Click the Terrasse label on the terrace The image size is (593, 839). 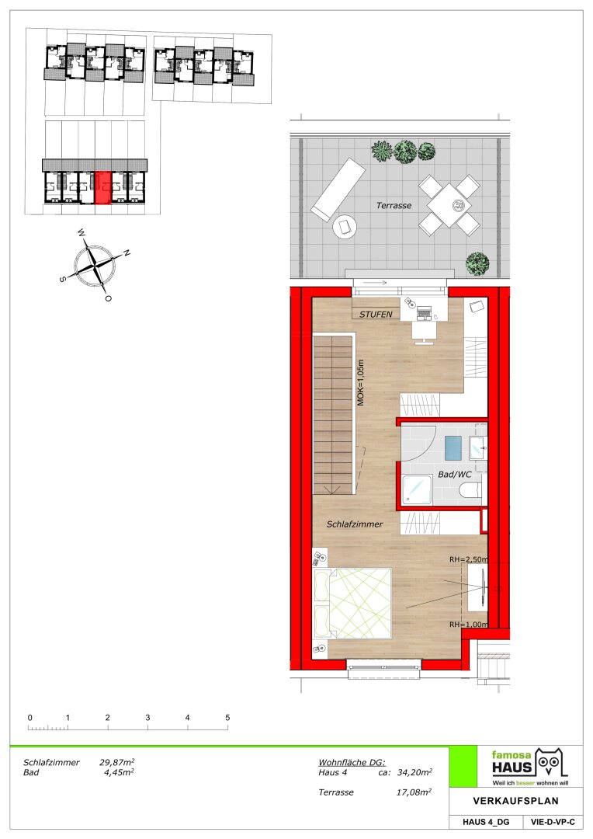tap(394, 205)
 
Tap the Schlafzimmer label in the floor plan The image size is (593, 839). tap(355, 524)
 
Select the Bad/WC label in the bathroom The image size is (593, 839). tap(455, 475)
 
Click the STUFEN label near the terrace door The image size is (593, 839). tap(376, 315)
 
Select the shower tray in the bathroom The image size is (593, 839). tap(417, 489)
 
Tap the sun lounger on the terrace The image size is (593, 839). tap(338, 190)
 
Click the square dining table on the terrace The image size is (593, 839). tap(449, 205)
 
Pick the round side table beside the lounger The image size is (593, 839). tap(343, 228)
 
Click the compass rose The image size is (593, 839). tap(95, 265)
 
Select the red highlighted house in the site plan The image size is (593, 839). tap(102, 188)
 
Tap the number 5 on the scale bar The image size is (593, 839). tap(227, 718)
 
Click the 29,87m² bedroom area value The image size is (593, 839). tap(116, 762)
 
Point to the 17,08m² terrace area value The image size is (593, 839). tap(414, 792)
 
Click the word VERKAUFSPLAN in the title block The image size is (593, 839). tap(515, 801)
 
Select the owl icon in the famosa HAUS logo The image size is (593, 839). tap(551, 763)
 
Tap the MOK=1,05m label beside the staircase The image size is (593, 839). tap(360, 382)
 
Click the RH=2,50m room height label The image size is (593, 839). tap(468, 559)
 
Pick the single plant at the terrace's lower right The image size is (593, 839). tap(477, 264)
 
